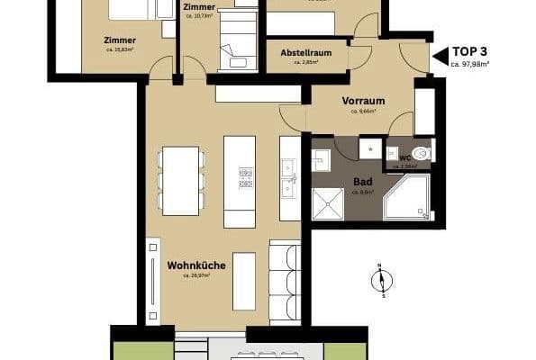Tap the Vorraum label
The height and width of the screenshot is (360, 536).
pos(363,102)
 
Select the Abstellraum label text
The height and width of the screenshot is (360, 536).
pos(306,53)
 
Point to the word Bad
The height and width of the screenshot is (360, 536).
pos(362,181)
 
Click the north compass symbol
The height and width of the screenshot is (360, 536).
pos(381,281)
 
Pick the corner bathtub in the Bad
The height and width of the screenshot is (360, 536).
pos(407,198)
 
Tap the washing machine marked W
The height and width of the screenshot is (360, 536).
pos(369,148)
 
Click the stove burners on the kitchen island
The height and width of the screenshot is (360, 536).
pos(245,177)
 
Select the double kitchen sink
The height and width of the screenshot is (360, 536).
pos(288,177)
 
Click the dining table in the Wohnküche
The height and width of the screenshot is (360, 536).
pos(180,180)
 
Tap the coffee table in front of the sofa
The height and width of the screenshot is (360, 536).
pos(244,279)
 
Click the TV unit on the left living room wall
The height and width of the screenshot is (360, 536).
pos(153,279)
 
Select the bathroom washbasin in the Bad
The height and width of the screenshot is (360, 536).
pos(321,158)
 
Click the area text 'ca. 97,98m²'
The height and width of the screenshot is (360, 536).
pos(469,65)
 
